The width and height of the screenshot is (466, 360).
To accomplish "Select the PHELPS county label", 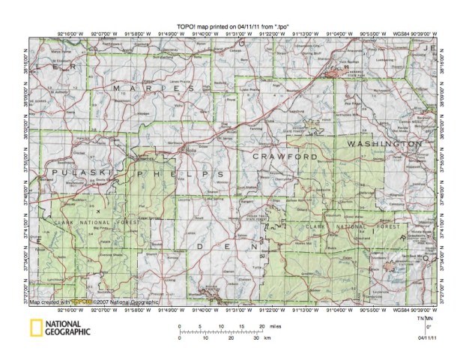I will [x=179, y=173].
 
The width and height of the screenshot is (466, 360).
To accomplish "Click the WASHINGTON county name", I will [x=384, y=142].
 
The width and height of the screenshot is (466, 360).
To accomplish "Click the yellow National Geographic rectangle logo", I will [x=36, y=327].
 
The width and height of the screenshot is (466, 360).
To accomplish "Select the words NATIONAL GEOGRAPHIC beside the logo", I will [x=68, y=327].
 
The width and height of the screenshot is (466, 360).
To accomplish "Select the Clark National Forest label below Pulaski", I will [x=82, y=220].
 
